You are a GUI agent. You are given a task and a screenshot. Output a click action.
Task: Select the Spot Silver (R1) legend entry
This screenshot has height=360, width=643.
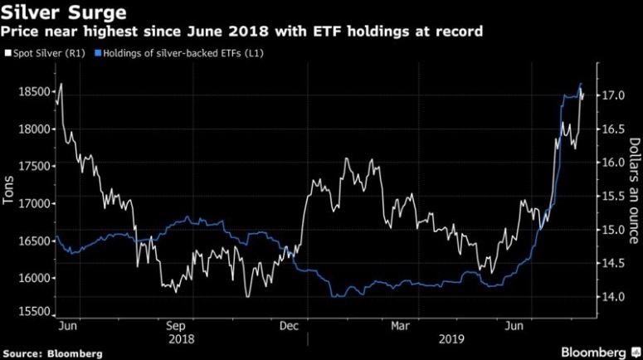[x=48, y=53]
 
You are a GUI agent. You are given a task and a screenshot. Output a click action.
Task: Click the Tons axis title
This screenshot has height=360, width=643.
[x=9, y=192]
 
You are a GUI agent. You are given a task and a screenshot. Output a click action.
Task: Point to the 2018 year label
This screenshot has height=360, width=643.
[x=181, y=338]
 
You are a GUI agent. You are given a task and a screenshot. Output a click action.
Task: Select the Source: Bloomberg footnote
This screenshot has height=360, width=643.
[x=52, y=353]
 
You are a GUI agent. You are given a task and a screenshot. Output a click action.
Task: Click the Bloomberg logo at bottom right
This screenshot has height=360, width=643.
[x=594, y=352]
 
